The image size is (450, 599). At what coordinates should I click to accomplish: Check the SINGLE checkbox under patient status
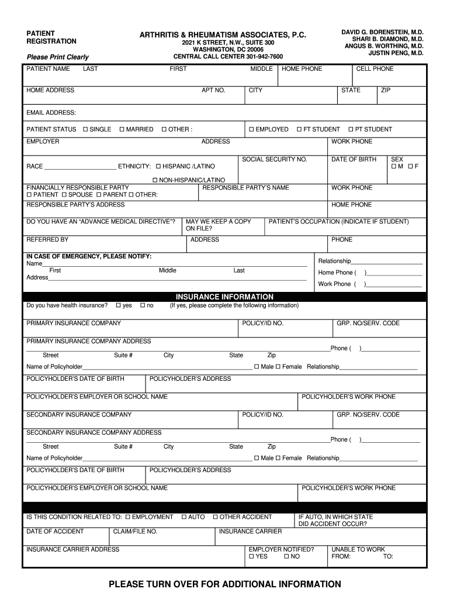pyautogui.click(x=85, y=129)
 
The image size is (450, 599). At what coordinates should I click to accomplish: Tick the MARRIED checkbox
pyautogui.click(x=122, y=129)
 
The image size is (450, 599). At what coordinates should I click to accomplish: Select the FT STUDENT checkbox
pyautogui.click(x=299, y=129)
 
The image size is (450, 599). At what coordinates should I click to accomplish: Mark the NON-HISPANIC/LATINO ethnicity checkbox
pyautogui.click(x=155, y=180)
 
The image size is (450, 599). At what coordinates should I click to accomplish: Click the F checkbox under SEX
pyautogui.click(x=411, y=167)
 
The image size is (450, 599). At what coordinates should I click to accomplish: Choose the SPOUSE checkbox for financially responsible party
pyautogui.click(x=64, y=194)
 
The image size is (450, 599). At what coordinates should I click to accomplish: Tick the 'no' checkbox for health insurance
pyautogui.click(x=142, y=305)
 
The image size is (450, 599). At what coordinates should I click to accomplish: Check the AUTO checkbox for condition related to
pyautogui.click(x=184, y=517)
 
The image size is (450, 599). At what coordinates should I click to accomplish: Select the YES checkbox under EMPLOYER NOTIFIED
pyautogui.click(x=252, y=557)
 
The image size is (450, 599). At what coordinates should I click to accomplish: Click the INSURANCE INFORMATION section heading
pyautogui.click(x=224, y=297)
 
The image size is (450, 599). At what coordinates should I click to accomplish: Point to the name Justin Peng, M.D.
pyautogui.click(x=396, y=53)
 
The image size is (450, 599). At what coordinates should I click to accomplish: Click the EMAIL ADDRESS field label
pyautogui.click(x=51, y=112)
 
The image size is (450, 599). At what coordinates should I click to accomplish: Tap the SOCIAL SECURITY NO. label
pyautogui.click(x=274, y=160)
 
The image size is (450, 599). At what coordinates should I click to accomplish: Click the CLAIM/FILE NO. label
pyautogui.click(x=135, y=532)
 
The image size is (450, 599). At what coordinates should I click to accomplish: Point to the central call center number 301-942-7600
pyautogui.click(x=228, y=57)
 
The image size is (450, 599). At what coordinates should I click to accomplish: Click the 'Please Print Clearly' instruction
pyautogui.click(x=57, y=57)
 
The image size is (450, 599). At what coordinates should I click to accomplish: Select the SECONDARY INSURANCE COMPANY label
pyautogui.click(x=79, y=415)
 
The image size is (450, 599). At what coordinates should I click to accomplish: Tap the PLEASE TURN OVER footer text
pyautogui.click(x=224, y=584)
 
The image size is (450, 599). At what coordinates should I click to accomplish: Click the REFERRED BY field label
pyautogui.click(x=47, y=239)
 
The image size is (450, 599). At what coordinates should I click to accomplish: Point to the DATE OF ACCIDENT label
pyautogui.click(x=55, y=532)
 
